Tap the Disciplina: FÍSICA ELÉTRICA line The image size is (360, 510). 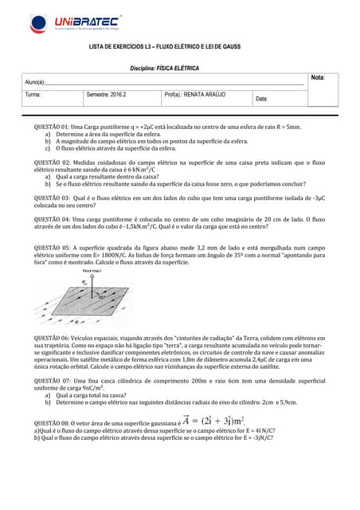click(x=164, y=69)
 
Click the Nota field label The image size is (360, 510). click(x=318, y=77)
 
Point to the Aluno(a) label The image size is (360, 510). click(x=35, y=82)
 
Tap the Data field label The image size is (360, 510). click(x=262, y=99)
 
